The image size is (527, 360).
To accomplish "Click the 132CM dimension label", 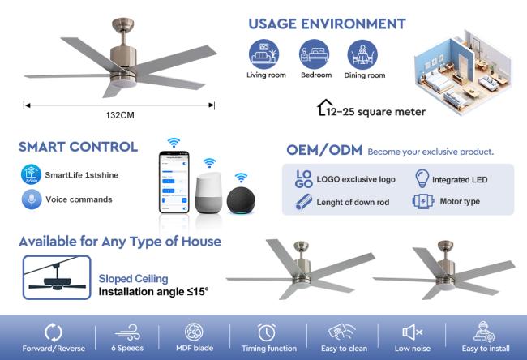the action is pos(120,115).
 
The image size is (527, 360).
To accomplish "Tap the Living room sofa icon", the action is pos(263,54).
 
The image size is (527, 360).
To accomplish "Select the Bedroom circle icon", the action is pos(315,54).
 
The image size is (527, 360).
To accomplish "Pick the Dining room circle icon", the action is pos(362,55).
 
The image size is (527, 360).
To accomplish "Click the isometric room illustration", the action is pos(463,71).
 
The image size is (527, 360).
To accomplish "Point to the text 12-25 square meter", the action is pos(375,112).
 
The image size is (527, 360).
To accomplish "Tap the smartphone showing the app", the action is pos(174,182).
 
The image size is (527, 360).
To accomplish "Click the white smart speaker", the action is pos(208,193).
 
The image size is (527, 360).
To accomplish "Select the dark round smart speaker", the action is pos(241,200).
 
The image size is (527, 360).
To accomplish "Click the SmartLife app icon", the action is pos(32,174).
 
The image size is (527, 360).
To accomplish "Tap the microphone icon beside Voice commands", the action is pos(32,199).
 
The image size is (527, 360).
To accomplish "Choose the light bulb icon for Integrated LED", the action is pos(422,178).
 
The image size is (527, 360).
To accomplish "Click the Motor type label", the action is pos(460,201).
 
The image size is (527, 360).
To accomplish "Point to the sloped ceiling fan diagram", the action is pos(57,277).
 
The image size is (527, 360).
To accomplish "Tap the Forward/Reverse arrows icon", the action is pos(54,332).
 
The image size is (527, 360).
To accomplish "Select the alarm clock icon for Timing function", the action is pos(267,332).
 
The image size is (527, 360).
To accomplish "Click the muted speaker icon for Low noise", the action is pos(413,332).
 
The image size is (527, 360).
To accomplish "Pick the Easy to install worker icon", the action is pos(484,332).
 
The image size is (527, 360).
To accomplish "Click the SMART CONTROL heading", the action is pos(79,147).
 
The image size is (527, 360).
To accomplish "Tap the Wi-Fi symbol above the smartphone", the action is pos(174,143).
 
